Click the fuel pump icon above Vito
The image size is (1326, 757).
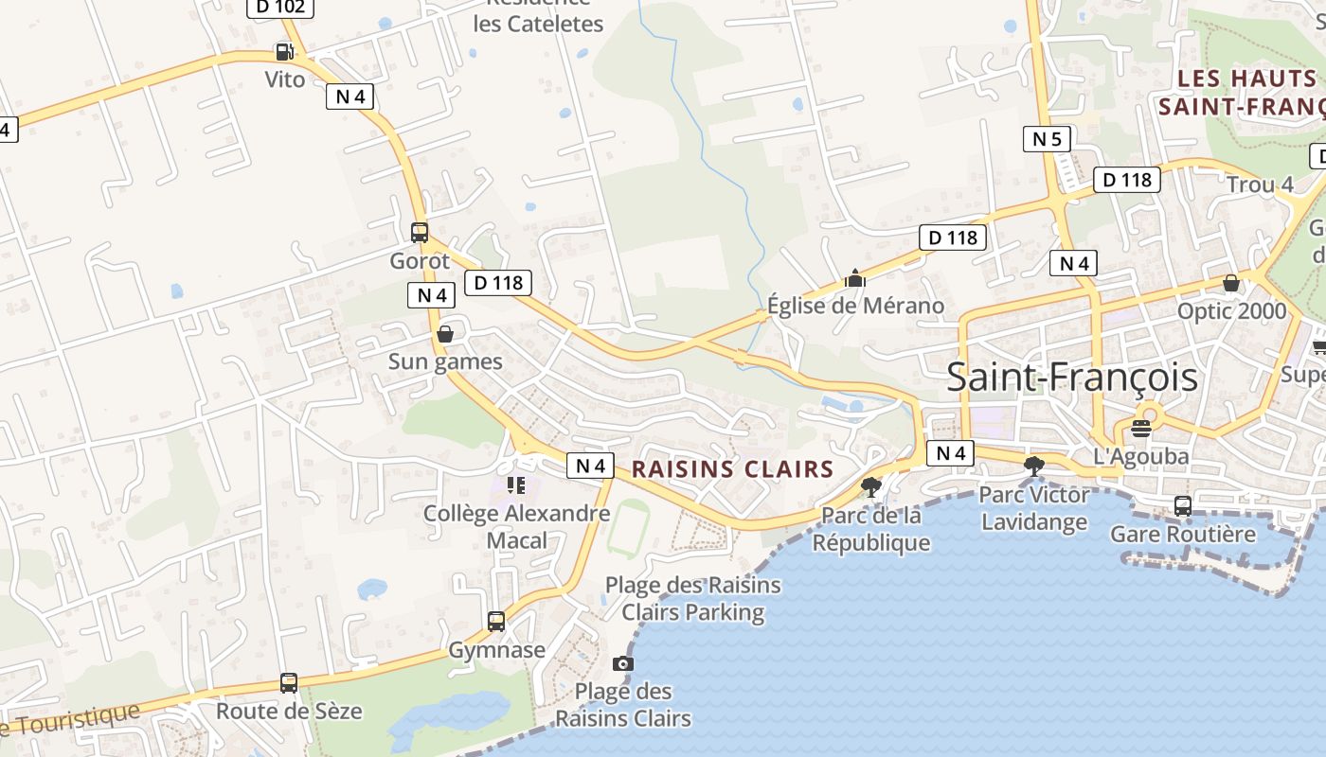(x=284, y=51)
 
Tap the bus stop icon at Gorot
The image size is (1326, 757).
(x=420, y=232)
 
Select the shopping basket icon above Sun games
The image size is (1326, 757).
(x=444, y=334)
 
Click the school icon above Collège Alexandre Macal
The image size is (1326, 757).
(x=516, y=485)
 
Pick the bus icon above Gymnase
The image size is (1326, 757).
(x=496, y=622)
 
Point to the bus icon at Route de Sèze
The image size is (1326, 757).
(x=289, y=683)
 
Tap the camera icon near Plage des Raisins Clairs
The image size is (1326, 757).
(x=623, y=662)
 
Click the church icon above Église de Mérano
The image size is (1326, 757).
(x=855, y=278)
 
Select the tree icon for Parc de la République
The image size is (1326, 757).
(x=870, y=487)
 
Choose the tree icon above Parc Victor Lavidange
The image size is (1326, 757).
(x=1034, y=466)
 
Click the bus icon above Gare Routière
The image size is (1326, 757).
(x=1183, y=506)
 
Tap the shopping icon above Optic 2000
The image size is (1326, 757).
(x=1231, y=283)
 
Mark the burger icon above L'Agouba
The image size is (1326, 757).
(x=1141, y=428)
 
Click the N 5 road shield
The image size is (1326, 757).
(x=1047, y=139)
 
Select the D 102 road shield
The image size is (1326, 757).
(x=280, y=8)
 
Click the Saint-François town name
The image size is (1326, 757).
(x=1072, y=378)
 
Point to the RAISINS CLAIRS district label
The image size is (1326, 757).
(x=732, y=468)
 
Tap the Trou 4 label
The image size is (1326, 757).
(x=1260, y=185)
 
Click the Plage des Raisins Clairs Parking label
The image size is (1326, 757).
(x=692, y=598)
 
